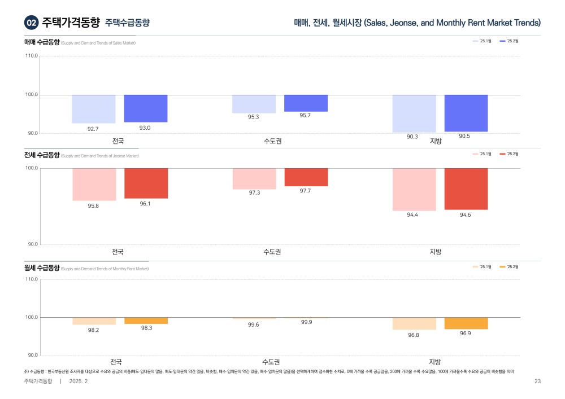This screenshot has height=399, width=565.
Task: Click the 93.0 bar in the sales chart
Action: point(146,108)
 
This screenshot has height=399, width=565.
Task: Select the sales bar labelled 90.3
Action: point(414,113)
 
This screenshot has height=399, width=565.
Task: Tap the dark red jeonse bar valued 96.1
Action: point(146,183)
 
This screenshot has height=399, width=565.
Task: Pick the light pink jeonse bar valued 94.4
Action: point(414,190)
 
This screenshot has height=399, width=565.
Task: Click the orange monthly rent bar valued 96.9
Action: point(466,323)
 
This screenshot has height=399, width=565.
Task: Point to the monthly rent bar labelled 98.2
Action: point(94,321)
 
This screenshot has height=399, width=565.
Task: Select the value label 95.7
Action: point(305,115)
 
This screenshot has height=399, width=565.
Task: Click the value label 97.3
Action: point(254,192)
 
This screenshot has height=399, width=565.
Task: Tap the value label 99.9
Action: point(307,322)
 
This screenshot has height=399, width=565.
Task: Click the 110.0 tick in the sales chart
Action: point(32,56)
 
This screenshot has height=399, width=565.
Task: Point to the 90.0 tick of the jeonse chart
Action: point(32,244)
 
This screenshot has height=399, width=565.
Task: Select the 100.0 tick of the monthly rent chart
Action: point(32,317)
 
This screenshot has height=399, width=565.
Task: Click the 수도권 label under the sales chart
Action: point(272,141)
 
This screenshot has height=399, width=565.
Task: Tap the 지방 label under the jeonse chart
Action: point(435,251)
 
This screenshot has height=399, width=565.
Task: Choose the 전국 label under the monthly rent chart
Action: point(116,362)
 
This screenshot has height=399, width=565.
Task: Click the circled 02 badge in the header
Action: point(31,23)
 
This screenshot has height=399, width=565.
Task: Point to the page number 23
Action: point(537,382)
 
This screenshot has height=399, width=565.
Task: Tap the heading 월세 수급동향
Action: point(42,268)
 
